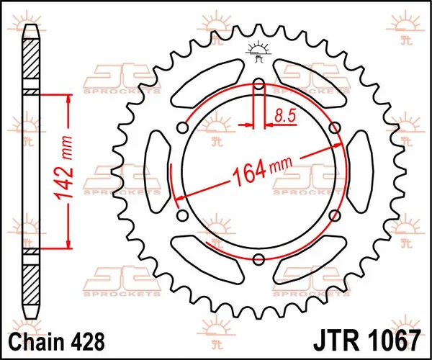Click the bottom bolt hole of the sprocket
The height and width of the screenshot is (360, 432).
click(258, 259)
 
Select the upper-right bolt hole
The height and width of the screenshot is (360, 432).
click(334, 127)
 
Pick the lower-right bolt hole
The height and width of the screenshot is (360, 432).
click(334, 216)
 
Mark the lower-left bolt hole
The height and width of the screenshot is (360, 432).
click(182, 216)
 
